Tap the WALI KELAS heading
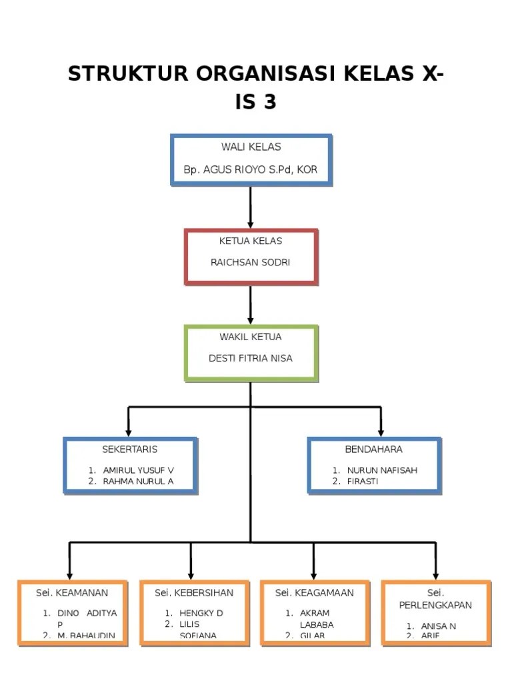coord(251,147)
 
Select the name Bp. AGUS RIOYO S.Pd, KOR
coord(251,169)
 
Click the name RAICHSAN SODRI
coord(251,262)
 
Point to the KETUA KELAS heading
coord(251,241)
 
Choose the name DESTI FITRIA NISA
coord(251,358)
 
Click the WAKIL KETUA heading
coord(251,337)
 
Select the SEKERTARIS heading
coord(130,449)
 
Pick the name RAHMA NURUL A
coord(138,481)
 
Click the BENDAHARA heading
coord(373,449)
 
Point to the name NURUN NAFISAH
coord(382,470)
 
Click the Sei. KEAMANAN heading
coord(72,592)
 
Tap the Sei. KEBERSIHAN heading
coord(194,592)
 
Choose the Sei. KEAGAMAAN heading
coord(315,592)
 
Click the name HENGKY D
coord(201,613)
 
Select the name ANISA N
coord(439,626)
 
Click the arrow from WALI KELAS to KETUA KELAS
coord(251,207)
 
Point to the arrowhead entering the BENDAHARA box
coord(381,431)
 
